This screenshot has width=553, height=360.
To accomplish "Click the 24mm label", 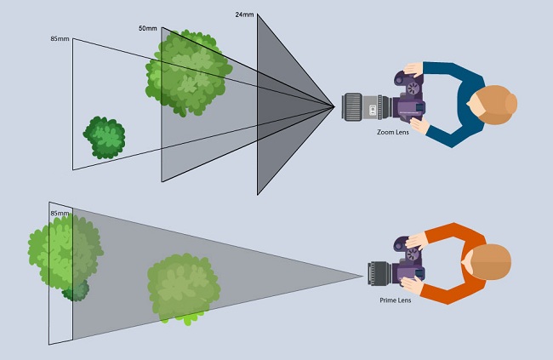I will (246, 14).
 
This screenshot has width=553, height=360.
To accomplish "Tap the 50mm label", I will (148, 29).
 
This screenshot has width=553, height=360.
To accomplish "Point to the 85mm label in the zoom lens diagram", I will (60, 39).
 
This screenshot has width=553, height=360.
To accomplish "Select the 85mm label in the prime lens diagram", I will (60, 214).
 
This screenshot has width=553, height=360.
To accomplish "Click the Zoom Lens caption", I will (392, 133).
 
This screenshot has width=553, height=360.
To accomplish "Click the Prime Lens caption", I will (396, 300).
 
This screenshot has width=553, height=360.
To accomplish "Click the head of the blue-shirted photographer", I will (495, 102).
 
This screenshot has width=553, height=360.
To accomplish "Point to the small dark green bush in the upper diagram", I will (105, 138).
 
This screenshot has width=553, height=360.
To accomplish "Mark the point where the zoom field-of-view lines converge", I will (333, 106).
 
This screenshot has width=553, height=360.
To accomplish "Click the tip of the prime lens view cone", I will (363, 274).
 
